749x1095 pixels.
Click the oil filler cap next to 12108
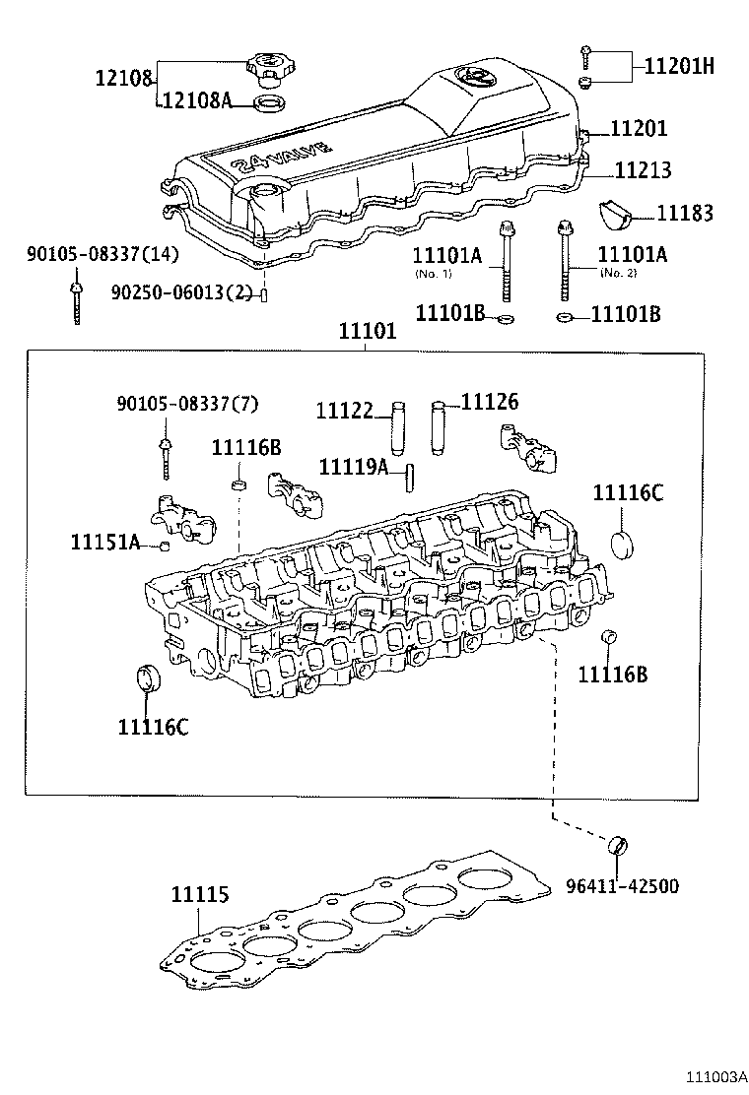pyautogui.click(x=267, y=68)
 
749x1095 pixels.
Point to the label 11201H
pyautogui.click(x=679, y=66)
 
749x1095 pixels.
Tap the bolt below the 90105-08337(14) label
pyautogui.click(x=76, y=300)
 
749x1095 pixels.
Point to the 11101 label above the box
pyautogui.click(x=368, y=332)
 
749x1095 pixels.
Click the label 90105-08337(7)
pyautogui.click(x=173, y=404)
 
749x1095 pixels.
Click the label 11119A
pyautogui.click(x=354, y=466)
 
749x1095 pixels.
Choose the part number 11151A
pyautogui.click(x=105, y=542)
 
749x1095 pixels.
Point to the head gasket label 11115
pyautogui.click(x=200, y=895)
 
